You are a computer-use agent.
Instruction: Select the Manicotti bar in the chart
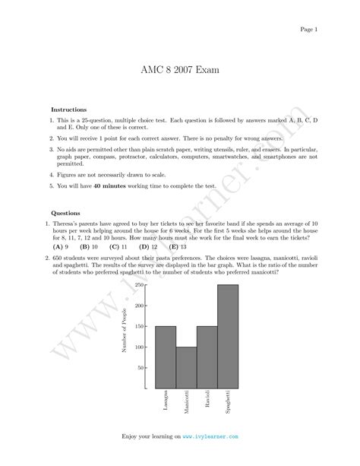(186, 367)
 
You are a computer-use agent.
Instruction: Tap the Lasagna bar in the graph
(166, 357)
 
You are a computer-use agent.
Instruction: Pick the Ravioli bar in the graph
(207, 357)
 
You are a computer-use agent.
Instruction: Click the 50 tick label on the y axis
(141, 368)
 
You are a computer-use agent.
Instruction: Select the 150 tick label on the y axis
(139, 327)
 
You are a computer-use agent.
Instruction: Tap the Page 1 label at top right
(309, 29)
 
